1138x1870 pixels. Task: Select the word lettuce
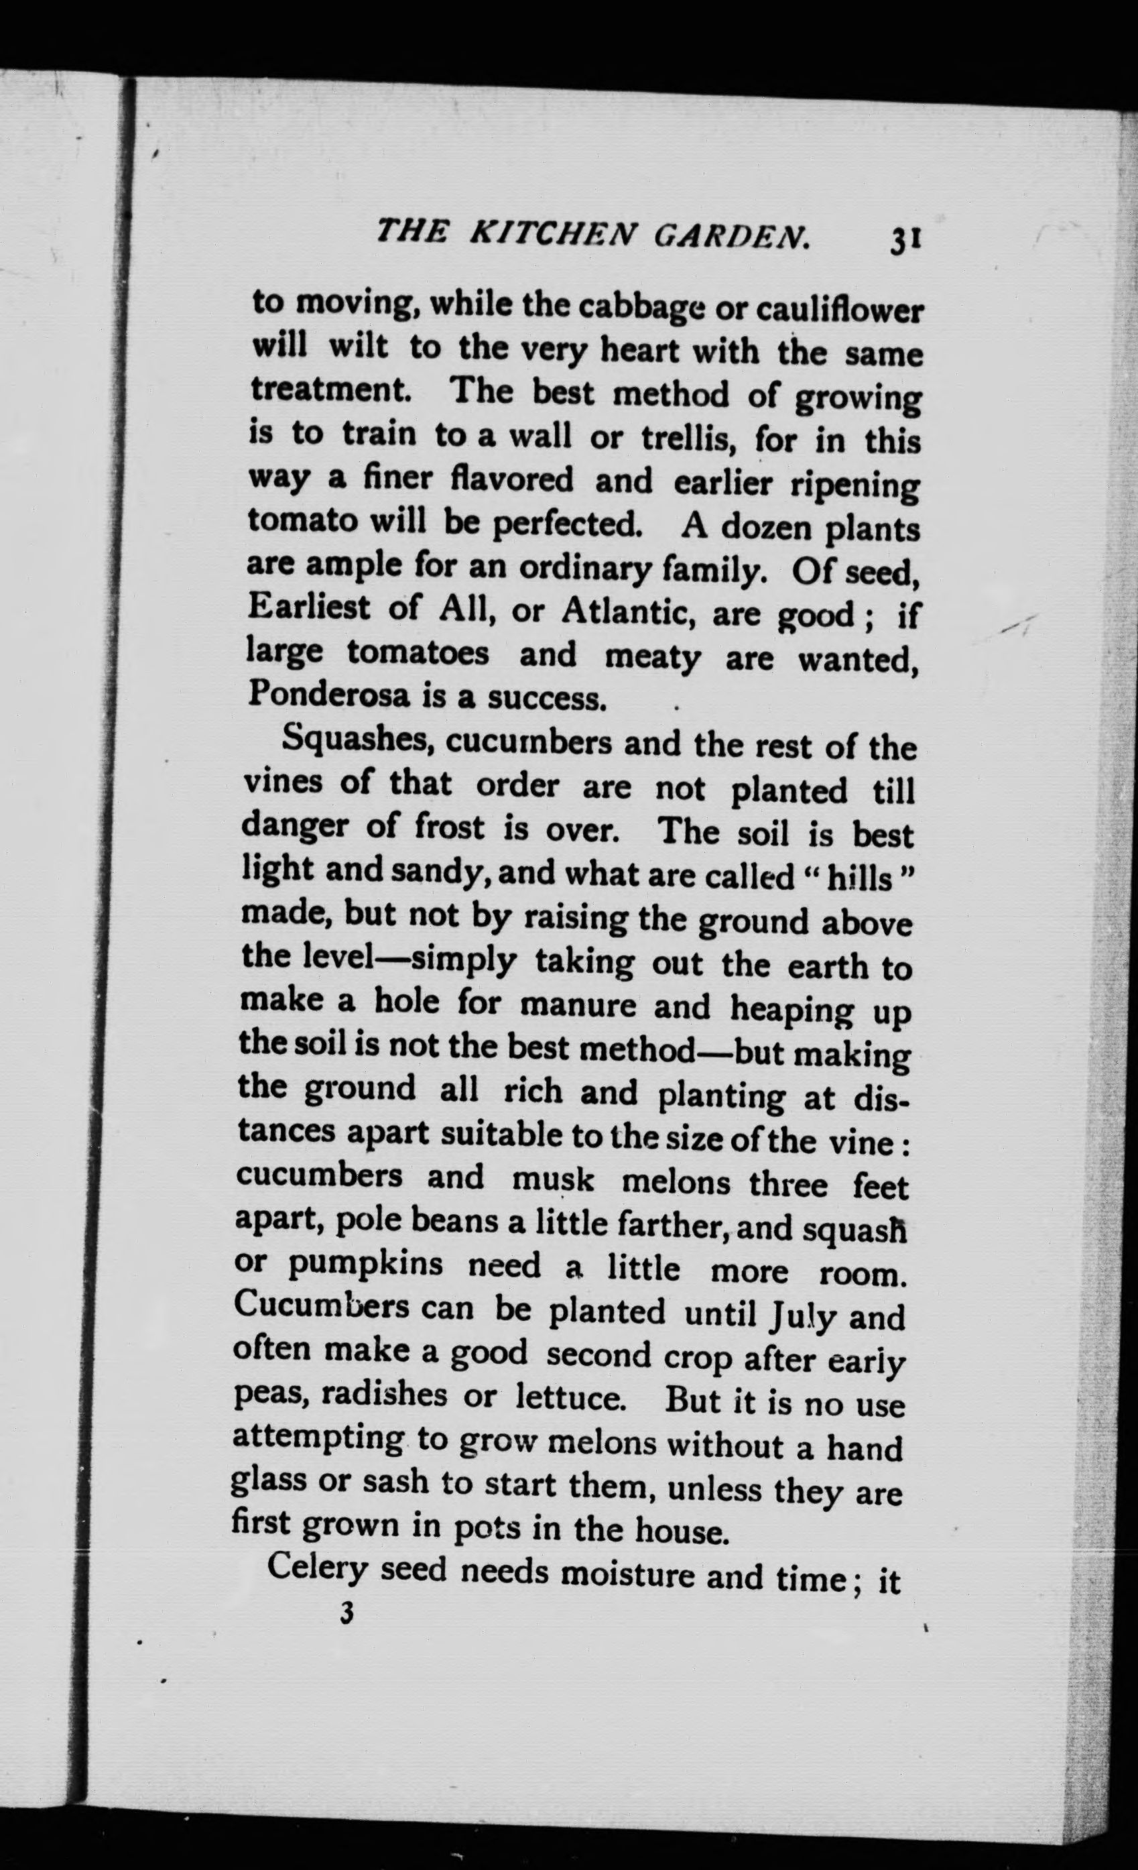tap(570, 1397)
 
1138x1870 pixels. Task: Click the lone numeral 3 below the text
tap(347, 1613)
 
